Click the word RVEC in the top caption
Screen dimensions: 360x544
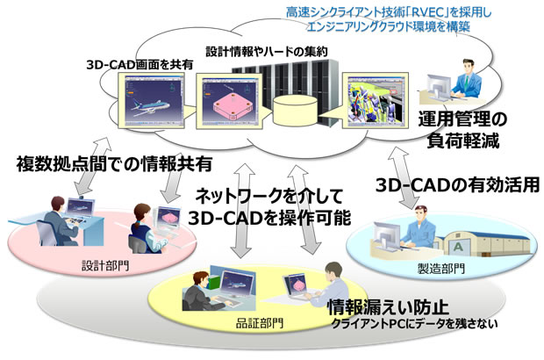coord(429,11)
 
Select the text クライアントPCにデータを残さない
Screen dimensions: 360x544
coord(412,326)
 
